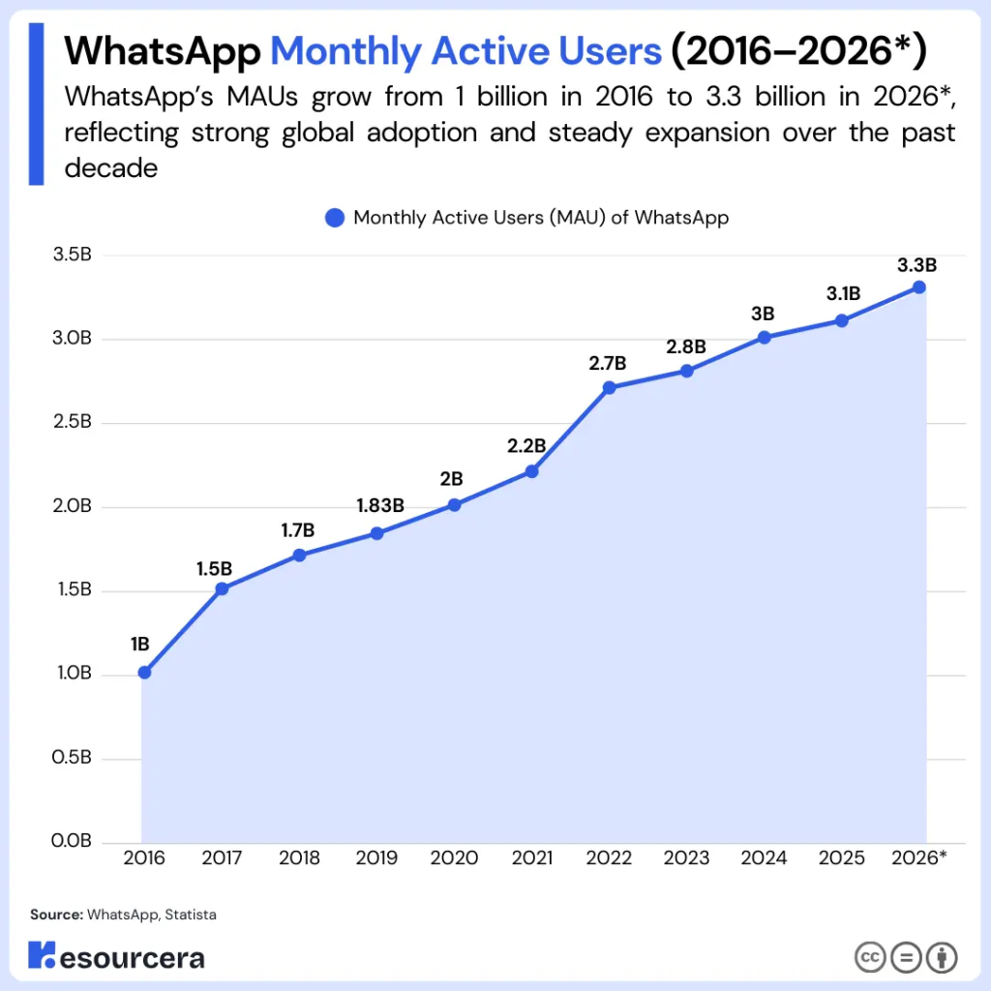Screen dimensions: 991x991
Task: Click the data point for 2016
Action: click(144, 673)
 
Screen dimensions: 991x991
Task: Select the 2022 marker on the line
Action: click(609, 387)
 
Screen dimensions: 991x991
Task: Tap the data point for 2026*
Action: click(918, 286)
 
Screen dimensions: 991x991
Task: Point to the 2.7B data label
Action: click(608, 364)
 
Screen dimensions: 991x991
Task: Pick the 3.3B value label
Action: click(917, 264)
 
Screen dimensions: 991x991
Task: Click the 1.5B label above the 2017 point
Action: click(214, 567)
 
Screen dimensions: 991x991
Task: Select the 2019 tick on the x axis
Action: click(376, 858)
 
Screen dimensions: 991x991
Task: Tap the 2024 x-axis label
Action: click(764, 858)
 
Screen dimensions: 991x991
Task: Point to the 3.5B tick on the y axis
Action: click(72, 256)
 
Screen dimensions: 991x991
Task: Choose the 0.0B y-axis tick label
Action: click(72, 842)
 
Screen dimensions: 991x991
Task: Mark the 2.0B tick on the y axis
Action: click(72, 507)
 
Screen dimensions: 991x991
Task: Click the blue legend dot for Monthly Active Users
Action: click(335, 218)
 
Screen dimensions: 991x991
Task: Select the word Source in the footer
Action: click(55, 914)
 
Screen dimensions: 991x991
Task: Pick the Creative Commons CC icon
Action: click(869, 958)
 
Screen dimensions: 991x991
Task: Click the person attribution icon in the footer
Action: click(941, 958)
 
